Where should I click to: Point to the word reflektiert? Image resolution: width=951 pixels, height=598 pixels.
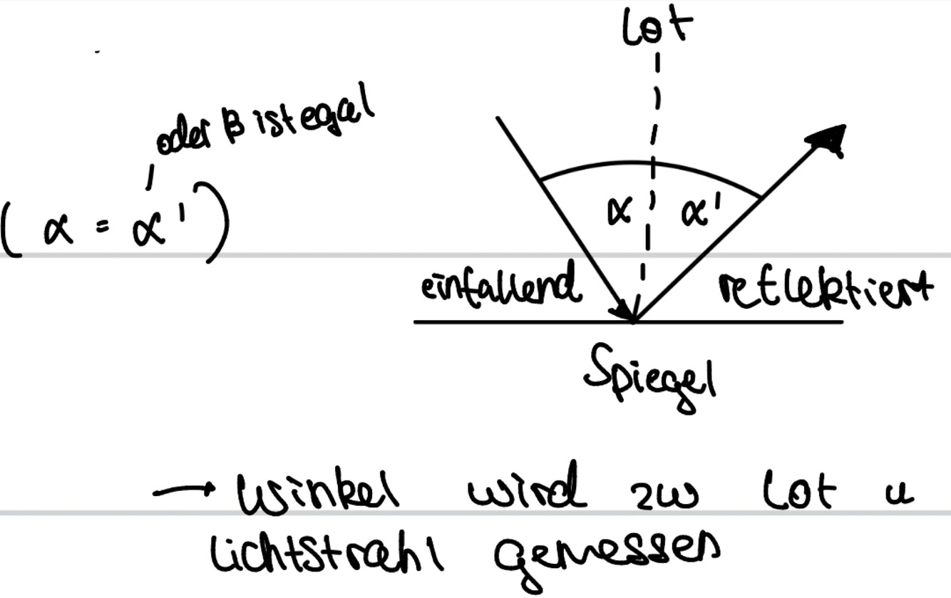(824, 288)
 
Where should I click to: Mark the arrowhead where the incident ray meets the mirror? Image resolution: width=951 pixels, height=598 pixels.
(626, 312)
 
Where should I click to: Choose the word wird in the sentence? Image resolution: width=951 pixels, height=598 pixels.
(527, 487)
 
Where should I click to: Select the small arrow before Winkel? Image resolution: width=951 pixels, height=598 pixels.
(185, 490)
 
